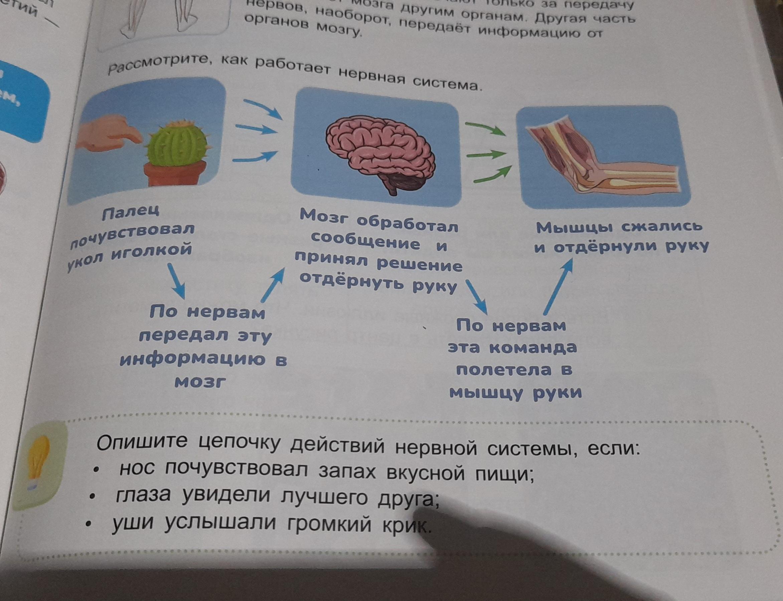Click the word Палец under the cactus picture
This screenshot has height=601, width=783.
[130, 213]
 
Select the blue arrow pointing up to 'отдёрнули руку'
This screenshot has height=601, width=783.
[558, 286]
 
